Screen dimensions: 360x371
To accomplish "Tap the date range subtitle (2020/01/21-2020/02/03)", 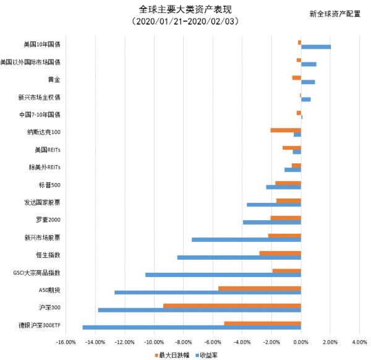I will (x=185, y=22).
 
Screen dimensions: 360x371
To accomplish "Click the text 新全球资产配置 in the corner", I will (x=335, y=14).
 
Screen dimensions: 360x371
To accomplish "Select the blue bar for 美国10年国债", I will (x=316, y=47).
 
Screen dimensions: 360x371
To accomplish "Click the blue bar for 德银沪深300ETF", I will (x=192, y=327).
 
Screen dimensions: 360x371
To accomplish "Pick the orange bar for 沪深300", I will (x=232, y=306).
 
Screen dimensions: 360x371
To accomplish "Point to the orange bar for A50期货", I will (x=260, y=288).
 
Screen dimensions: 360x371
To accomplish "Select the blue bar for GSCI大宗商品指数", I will (x=223, y=275).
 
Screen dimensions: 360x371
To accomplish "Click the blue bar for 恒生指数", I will (x=239, y=257).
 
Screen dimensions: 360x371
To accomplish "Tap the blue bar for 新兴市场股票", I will (x=246, y=239).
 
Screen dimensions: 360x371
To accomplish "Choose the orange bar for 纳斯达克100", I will (x=286, y=130).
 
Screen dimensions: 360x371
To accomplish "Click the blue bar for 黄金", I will (x=308, y=82).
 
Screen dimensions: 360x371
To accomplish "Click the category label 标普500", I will (x=49, y=185).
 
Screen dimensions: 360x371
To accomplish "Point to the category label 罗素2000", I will (x=48, y=220).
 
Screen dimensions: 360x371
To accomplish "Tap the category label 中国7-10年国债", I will (x=40, y=114).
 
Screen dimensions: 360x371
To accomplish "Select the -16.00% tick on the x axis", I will (x=66, y=341).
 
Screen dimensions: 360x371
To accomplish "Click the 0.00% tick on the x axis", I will (x=301, y=341).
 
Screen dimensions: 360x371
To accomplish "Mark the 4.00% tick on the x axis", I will (x=359, y=341).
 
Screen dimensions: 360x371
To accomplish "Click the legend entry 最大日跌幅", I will (x=174, y=355).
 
